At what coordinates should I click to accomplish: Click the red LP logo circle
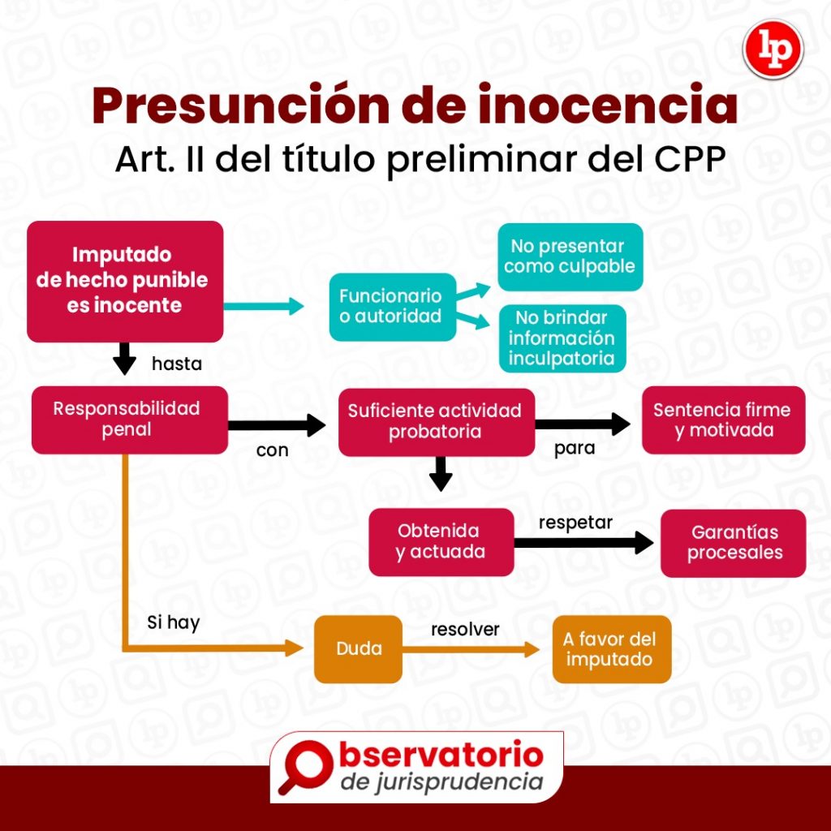pyautogui.click(x=773, y=50)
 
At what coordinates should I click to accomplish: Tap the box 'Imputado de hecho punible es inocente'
pyautogui.click(x=125, y=281)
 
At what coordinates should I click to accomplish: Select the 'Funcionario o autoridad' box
pyautogui.click(x=392, y=306)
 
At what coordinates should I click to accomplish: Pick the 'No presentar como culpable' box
pyautogui.click(x=570, y=256)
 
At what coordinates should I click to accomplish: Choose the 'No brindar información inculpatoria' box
pyautogui.click(x=562, y=338)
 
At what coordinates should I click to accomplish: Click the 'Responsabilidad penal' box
pyautogui.click(x=128, y=419)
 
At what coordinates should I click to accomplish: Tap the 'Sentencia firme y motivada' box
pyautogui.click(x=722, y=420)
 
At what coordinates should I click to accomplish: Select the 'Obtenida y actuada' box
pyautogui.click(x=441, y=541)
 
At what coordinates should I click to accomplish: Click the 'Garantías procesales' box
pyautogui.click(x=733, y=543)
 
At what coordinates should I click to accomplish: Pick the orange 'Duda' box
pyautogui.click(x=359, y=649)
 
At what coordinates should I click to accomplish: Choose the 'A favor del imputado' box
pyautogui.click(x=611, y=649)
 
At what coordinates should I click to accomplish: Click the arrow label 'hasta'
pyautogui.click(x=177, y=364)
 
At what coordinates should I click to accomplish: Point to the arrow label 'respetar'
pyautogui.click(x=575, y=523)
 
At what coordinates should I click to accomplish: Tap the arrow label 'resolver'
pyautogui.click(x=465, y=629)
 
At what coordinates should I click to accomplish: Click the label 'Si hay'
pyautogui.click(x=173, y=623)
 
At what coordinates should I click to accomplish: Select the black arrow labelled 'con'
pyautogui.click(x=276, y=424)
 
